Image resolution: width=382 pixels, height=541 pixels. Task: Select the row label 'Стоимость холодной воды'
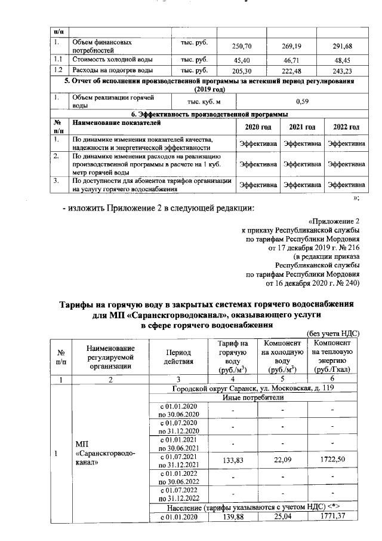pos(112,60)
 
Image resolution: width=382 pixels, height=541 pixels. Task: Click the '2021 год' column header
pos(302,127)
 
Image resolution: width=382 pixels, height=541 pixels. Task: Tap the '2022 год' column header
pos(346,127)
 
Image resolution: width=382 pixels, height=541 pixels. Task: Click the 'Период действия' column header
pos(178,357)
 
